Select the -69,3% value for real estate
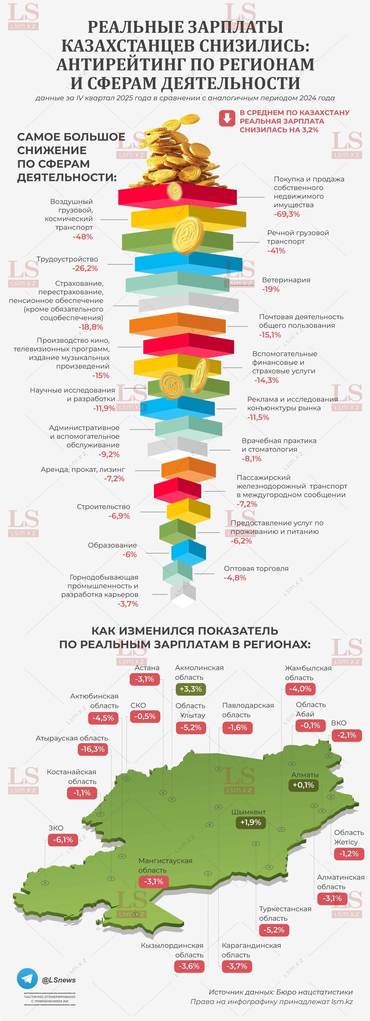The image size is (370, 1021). tap(287, 214)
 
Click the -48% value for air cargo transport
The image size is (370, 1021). tap(83, 237)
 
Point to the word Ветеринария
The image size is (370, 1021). tap(286, 280)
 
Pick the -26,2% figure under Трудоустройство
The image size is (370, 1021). tap(85, 268)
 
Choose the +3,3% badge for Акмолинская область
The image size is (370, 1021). tap(190, 689)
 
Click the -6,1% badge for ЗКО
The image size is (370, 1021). tap(63, 839)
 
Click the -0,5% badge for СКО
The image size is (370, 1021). tap(145, 716)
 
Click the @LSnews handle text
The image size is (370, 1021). tap(59, 980)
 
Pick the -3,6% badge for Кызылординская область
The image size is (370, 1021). tap(189, 966)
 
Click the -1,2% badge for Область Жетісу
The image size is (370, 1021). tap(349, 853)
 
